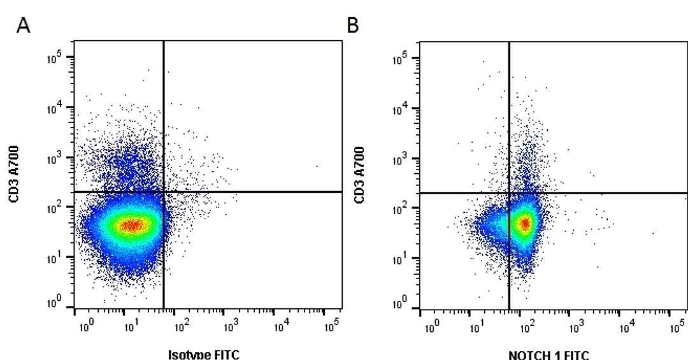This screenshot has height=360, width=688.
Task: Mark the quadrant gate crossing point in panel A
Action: [x=164, y=191]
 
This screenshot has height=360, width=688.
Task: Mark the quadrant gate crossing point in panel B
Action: [x=509, y=192]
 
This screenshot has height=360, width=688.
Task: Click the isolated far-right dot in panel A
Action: [x=317, y=166]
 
